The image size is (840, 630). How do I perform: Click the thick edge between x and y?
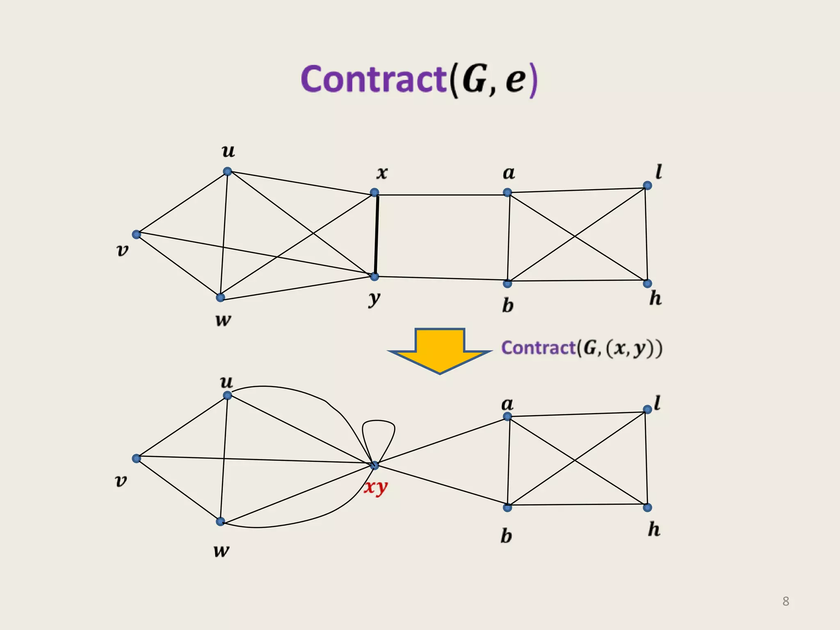(376, 235)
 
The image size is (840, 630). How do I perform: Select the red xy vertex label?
(376, 487)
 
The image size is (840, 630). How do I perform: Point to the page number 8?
(785, 601)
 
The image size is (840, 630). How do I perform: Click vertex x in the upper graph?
(374, 192)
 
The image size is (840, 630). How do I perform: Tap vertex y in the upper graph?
(374, 277)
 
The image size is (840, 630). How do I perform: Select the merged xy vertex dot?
(374, 465)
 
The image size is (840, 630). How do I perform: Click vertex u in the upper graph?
(228, 171)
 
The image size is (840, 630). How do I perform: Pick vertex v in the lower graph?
(137, 459)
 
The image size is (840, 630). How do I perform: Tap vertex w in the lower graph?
(220, 522)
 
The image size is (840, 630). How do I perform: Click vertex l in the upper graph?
(647, 186)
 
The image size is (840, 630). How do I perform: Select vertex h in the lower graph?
(647, 508)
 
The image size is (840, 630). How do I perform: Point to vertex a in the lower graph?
(507, 417)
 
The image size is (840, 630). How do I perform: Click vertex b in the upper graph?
(507, 283)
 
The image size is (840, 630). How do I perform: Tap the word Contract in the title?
(373, 79)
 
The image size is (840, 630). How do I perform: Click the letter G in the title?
(475, 79)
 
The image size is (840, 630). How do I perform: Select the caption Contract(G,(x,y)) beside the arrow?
(582, 348)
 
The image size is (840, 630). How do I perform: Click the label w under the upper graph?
(223, 320)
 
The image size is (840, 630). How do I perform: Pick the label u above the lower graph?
(226, 382)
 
